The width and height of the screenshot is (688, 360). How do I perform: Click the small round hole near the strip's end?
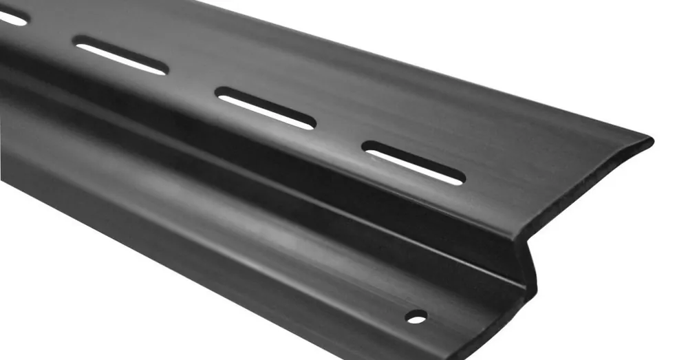416,317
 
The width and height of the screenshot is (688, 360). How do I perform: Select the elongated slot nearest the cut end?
413,163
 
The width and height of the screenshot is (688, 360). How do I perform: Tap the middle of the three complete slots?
266,108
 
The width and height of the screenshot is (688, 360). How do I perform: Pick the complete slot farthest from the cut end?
120,56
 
